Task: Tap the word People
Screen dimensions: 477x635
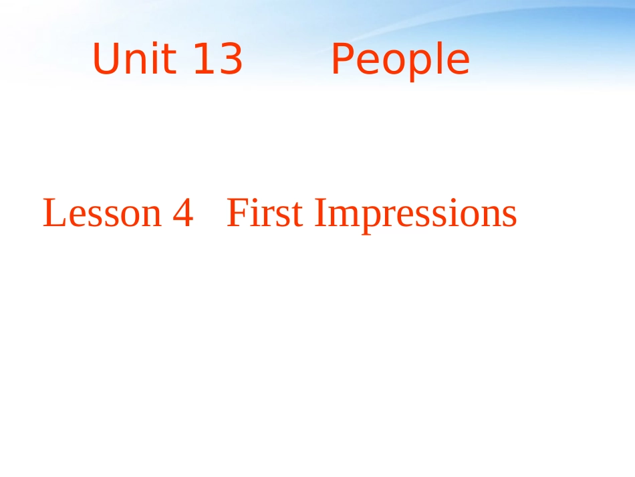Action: click(x=400, y=60)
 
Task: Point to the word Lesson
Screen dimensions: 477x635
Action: click(x=102, y=214)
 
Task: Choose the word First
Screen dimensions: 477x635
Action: click(x=265, y=214)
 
